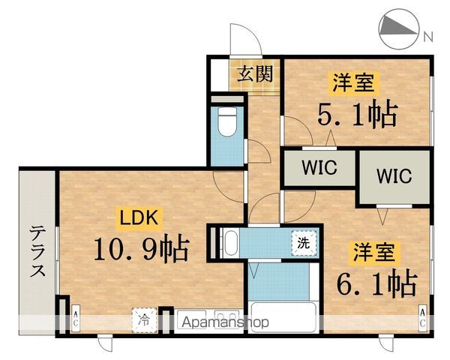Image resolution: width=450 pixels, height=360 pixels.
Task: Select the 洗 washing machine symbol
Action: [x=304, y=243]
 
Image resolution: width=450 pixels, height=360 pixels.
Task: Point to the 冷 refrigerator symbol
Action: [x=143, y=318]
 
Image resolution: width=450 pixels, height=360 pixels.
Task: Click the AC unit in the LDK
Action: [x=75, y=318]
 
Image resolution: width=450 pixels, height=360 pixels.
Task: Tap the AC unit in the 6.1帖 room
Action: [x=424, y=318]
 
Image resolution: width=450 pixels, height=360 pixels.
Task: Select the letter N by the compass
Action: [x=427, y=35]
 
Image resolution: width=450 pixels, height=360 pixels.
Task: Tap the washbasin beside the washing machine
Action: [x=229, y=243]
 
